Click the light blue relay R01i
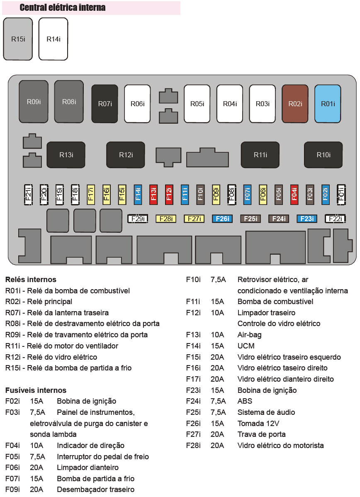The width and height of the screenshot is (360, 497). [x=328, y=104]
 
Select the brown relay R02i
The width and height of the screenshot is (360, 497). [x=295, y=104]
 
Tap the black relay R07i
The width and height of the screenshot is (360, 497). [x=105, y=104]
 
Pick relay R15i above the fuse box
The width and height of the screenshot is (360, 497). [x=18, y=39]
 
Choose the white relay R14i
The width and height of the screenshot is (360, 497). [x=53, y=39]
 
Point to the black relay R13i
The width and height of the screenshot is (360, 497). [x=66, y=155]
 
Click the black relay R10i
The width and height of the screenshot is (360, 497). [x=323, y=155]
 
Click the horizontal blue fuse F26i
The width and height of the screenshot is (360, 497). [x=222, y=219]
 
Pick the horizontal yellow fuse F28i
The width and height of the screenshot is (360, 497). [x=165, y=219]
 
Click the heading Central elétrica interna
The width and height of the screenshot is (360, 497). [x=63, y=7]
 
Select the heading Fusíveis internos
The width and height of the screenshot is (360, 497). [x=36, y=390]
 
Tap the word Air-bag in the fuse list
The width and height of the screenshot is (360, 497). [x=249, y=335]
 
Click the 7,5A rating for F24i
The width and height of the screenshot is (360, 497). [x=218, y=401]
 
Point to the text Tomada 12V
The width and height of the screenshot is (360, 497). [x=258, y=423]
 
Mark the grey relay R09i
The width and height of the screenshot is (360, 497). [x=34, y=102]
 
